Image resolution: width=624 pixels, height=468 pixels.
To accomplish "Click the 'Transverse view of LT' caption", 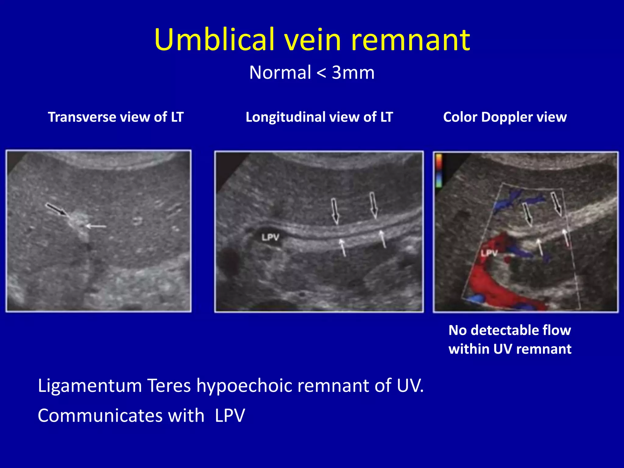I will (116, 117).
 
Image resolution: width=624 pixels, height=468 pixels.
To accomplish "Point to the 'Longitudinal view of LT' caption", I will (319, 117).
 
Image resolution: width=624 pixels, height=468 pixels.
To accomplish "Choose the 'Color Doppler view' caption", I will (505, 117).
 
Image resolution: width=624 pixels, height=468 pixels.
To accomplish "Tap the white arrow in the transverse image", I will (96, 226).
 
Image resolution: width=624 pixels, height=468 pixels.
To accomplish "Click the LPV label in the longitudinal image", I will (270, 237).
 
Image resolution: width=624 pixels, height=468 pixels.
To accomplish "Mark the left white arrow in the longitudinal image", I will (343, 247).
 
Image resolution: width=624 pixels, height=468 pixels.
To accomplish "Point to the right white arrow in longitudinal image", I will (382, 239).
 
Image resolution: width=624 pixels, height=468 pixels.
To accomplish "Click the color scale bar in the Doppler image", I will (439, 171).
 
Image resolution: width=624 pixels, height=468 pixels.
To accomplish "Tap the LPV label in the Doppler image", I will (489, 253).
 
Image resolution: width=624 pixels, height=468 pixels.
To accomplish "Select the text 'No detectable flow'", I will (509, 330).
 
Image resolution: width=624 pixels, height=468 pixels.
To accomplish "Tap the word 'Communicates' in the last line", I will (121, 416).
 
